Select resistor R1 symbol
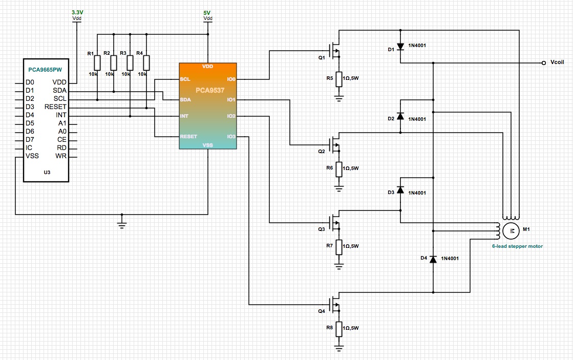[x=97, y=62]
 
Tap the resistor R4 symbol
[x=146, y=62]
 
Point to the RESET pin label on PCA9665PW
[x=56, y=107]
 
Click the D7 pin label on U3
[x=30, y=139]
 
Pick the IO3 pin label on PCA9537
[x=231, y=137]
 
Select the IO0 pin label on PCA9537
[x=231, y=79]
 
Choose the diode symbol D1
[x=400, y=47]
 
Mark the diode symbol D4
[x=433, y=259]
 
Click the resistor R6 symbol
[x=338, y=170]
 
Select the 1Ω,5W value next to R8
[x=351, y=328]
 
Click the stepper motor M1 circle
[x=511, y=231]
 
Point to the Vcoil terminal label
[x=557, y=63]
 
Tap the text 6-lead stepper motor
[x=517, y=246]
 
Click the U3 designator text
[x=47, y=173]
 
